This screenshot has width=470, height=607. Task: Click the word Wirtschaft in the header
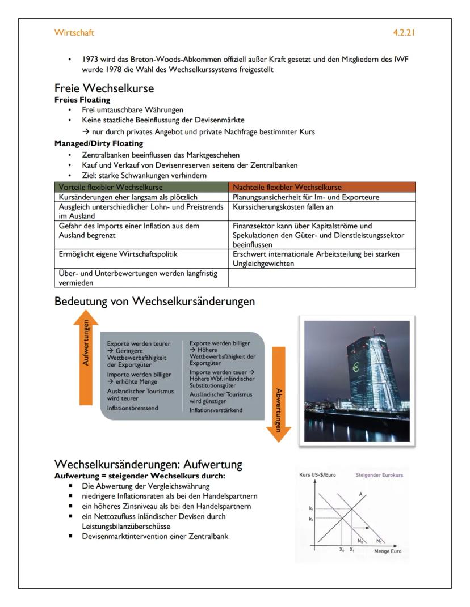tap(74, 33)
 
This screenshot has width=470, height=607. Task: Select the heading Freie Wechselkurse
tap(104, 88)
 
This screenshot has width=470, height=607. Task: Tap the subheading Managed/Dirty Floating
tap(91, 143)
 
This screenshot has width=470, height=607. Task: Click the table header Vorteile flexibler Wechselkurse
tap(111, 186)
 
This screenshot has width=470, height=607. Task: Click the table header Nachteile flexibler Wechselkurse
tap(287, 186)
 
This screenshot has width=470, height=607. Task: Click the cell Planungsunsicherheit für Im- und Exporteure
tap(306, 197)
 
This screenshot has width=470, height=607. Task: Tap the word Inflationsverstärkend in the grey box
tap(216, 410)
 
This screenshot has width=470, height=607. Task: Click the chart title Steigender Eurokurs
tap(379, 475)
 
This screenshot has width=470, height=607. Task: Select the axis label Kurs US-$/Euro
tap(317, 475)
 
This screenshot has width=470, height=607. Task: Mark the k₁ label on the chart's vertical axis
tap(310, 509)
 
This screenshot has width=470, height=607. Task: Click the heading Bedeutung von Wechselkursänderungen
tap(154, 302)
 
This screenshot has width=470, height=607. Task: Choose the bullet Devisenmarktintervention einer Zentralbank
tap(155, 536)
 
